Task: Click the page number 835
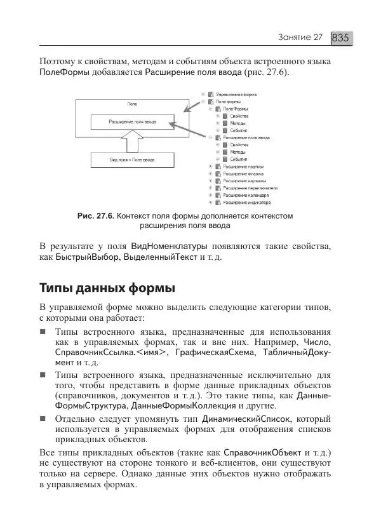point(341,37)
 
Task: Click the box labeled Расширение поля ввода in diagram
point(132,121)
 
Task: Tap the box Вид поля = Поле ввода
point(132,159)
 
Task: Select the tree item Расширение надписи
point(243,166)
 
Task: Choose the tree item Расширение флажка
point(243,173)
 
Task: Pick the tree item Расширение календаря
point(244,196)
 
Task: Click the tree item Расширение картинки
point(243,181)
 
